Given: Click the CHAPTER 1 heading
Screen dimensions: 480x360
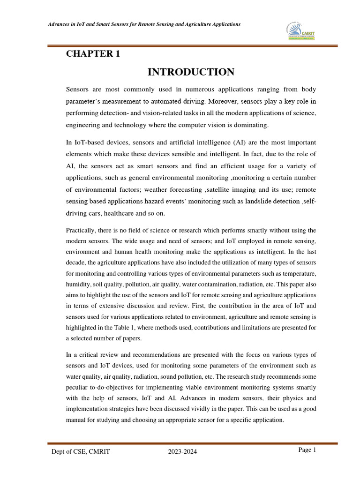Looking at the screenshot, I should point(93,54).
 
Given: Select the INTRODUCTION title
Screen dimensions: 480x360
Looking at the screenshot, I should point(191,72).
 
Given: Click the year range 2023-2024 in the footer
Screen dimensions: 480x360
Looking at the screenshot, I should point(183,451).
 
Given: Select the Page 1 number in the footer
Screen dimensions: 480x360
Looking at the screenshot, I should point(307,450).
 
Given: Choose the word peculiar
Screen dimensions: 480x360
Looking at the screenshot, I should point(78,387).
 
